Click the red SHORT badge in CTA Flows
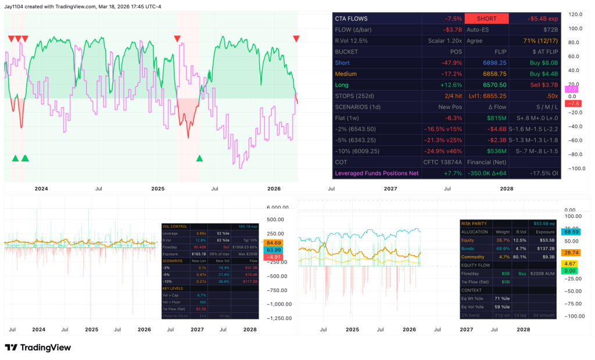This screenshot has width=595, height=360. pos(486,19)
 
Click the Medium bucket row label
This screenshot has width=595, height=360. pos(346,74)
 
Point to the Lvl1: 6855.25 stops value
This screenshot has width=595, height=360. pos(487,96)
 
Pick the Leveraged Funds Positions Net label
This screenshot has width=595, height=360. pos(377,173)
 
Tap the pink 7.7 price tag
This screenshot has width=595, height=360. pos(572,89)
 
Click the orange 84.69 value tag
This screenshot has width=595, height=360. pos(273,243)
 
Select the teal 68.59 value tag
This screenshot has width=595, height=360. pos(572,232)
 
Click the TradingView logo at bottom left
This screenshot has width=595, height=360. pos(38,347)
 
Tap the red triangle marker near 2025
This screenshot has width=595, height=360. pos(177,38)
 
